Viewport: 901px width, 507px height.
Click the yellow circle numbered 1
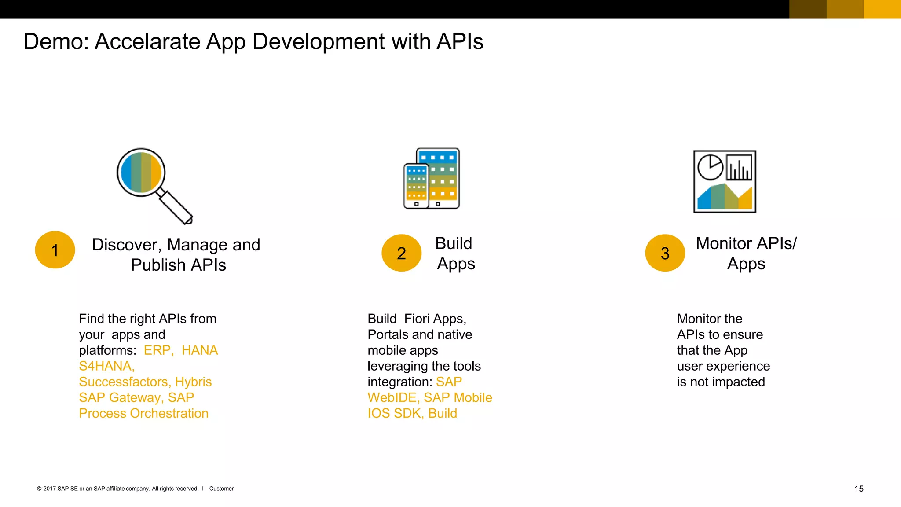55,250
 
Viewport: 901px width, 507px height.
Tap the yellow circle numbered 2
401,253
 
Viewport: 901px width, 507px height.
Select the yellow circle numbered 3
665,253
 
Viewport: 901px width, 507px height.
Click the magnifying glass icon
142,173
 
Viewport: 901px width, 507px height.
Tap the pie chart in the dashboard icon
710,167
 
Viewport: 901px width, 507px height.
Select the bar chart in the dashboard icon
739,168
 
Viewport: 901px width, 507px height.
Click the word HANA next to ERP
200,350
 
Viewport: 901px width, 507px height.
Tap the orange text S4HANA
106,366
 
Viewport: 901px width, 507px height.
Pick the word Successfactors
125,382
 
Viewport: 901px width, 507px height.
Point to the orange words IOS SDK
395,414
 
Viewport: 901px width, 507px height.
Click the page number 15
859,489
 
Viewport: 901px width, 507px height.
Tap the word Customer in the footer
221,489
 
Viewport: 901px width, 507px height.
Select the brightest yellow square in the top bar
882,9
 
